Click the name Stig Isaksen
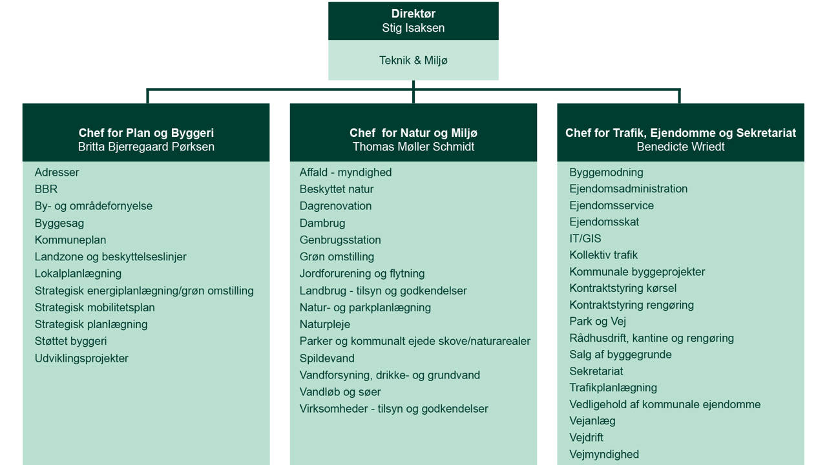413,28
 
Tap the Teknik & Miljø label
413,60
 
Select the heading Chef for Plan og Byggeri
146,133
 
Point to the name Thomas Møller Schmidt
413,147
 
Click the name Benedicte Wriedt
680,147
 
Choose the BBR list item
46,189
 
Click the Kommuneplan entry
70,240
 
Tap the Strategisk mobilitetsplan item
95,307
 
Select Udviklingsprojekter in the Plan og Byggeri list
81,358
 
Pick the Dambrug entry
322,223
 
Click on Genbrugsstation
340,240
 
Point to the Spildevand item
327,358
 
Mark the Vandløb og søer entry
340,391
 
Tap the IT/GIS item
585,238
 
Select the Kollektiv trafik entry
603,255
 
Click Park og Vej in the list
598,321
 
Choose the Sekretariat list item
596,371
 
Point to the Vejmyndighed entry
604,454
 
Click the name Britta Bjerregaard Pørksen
146,147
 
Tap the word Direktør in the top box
413,14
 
